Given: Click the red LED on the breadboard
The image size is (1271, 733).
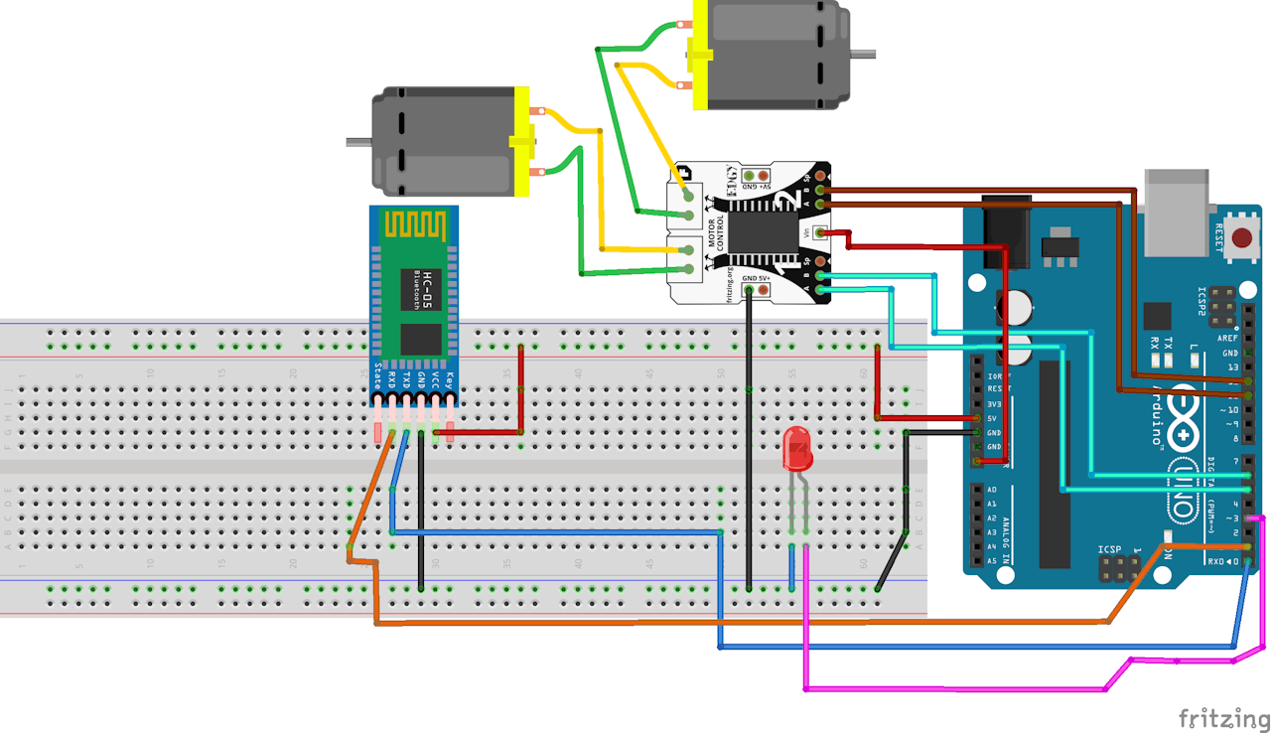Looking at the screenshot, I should (798, 450).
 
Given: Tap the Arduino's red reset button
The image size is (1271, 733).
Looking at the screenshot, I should (1241, 237).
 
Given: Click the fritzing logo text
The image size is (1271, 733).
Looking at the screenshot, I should (1223, 717).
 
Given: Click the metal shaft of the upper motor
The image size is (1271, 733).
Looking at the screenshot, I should (864, 53).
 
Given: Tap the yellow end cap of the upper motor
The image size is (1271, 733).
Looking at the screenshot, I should (699, 53).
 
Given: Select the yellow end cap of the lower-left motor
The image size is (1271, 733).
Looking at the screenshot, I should (522, 142).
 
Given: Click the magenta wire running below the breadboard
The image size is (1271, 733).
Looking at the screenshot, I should (953, 688).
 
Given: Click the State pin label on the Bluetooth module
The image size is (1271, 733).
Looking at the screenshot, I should (377, 377).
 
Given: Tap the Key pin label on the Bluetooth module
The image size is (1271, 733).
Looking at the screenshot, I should (450, 378).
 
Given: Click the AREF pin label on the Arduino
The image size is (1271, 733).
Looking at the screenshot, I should (1227, 338).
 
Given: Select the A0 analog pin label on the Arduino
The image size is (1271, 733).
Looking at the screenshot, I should (992, 490).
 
